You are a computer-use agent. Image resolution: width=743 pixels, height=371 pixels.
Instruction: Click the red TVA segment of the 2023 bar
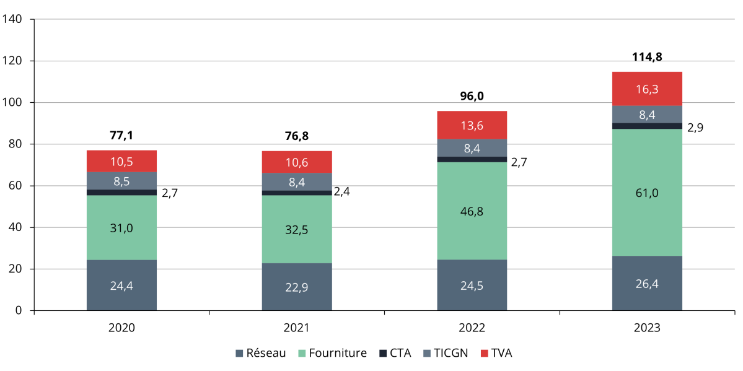pyautogui.click(x=647, y=89)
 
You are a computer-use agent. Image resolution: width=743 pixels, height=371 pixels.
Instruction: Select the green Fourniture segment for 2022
pyautogui.click(x=472, y=211)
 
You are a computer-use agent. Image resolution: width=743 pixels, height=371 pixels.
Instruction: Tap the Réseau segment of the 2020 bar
pyautogui.click(x=121, y=285)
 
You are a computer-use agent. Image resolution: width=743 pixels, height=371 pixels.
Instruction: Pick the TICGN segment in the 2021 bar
pyautogui.click(x=297, y=181)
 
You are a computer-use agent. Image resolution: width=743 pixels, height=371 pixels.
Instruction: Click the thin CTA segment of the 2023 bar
pyautogui.click(x=647, y=126)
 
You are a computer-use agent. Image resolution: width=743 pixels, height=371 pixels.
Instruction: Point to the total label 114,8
pyautogui.click(x=647, y=57)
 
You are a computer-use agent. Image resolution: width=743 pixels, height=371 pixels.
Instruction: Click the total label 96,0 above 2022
pyautogui.click(x=472, y=96)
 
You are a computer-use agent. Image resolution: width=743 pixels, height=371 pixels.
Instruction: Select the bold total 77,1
pyautogui.click(x=121, y=135)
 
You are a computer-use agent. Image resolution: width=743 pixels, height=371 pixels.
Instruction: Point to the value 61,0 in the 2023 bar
pyautogui.click(x=647, y=193)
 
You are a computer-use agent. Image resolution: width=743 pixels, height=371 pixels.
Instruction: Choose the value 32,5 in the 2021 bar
pyautogui.click(x=297, y=230)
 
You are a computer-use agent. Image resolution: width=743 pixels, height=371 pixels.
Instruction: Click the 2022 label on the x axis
pyautogui.click(x=472, y=328)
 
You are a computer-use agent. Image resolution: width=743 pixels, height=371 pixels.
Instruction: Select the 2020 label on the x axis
pyautogui.click(x=121, y=328)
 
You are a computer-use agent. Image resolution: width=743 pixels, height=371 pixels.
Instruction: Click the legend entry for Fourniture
pyautogui.click(x=332, y=353)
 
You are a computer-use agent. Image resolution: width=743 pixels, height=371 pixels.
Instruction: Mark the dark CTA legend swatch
pyautogui.click(x=382, y=353)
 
